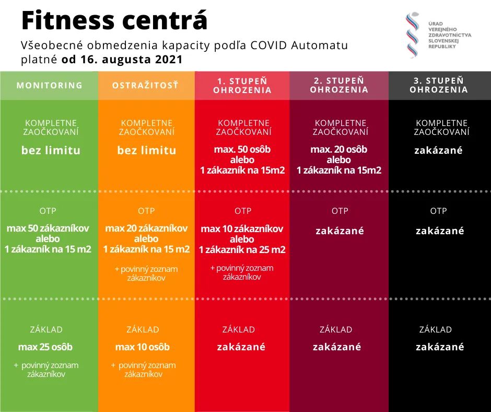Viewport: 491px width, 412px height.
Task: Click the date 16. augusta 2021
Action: tap(122, 60)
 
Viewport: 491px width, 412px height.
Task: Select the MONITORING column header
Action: tap(50, 85)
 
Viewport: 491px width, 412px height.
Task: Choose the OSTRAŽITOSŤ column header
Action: tap(145, 85)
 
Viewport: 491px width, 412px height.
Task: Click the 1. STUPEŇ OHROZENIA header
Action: tap(242, 85)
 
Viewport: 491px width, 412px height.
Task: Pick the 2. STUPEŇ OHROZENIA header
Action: tap(339, 85)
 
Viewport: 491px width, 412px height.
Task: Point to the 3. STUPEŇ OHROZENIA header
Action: tap(439, 85)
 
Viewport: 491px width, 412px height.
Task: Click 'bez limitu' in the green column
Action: tap(51, 151)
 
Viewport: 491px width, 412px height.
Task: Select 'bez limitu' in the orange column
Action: tap(147, 151)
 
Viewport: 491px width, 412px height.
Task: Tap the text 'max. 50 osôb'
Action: tap(242, 150)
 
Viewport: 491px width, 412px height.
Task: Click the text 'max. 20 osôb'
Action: tap(338, 150)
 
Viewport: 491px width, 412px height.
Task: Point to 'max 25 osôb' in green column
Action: tap(45, 347)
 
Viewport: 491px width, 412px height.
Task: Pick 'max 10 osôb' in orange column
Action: tap(143, 347)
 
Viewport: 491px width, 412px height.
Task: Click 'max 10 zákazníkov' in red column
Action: tap(242, 229)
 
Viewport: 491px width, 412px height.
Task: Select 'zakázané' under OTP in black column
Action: tap(440, 231)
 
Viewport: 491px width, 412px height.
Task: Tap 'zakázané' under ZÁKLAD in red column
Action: tap(241, 347)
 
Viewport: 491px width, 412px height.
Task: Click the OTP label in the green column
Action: tap(48, 211)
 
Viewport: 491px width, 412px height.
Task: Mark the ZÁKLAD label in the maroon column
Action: tap(336, 330)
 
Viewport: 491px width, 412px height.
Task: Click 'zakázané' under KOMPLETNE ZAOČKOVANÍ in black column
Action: tap(439, 151)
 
